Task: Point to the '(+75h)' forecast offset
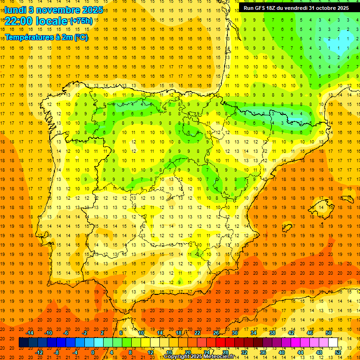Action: point(81,21)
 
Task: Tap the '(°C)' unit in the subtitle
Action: point(81,37)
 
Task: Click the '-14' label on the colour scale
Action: point(30,333)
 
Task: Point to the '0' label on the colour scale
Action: point(93,352)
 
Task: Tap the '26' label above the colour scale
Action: point(216,333)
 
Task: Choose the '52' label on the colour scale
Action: point(338,352)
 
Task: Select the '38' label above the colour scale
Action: point(272,333)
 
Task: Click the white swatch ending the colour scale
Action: point(333,343)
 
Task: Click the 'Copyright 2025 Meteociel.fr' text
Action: point(199,357)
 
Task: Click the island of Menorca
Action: point(347,199)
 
